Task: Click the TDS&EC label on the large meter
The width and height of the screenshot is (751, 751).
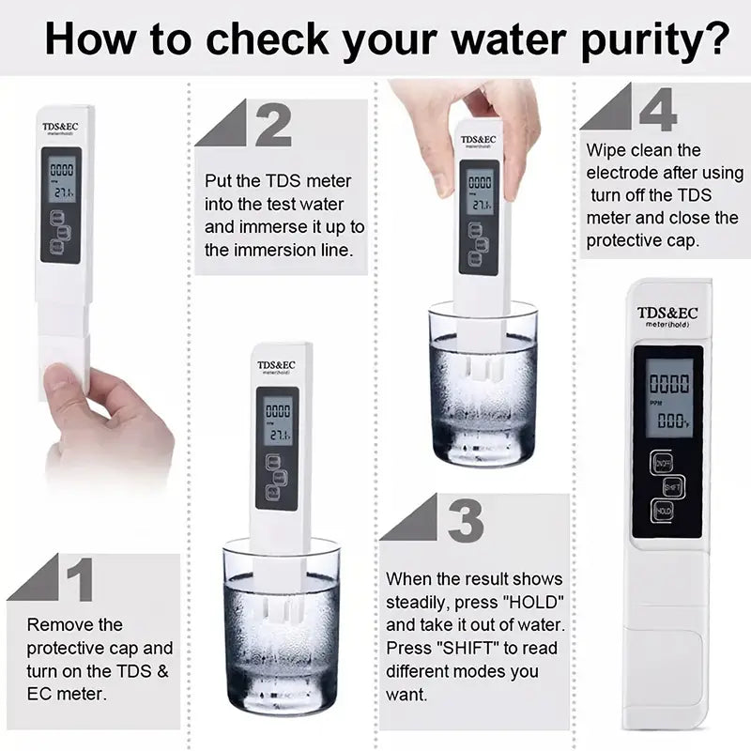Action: click(667, 313)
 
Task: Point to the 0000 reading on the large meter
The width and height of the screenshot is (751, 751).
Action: click(670, 383)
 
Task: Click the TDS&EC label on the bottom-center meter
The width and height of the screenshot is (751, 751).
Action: click(277, 364)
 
